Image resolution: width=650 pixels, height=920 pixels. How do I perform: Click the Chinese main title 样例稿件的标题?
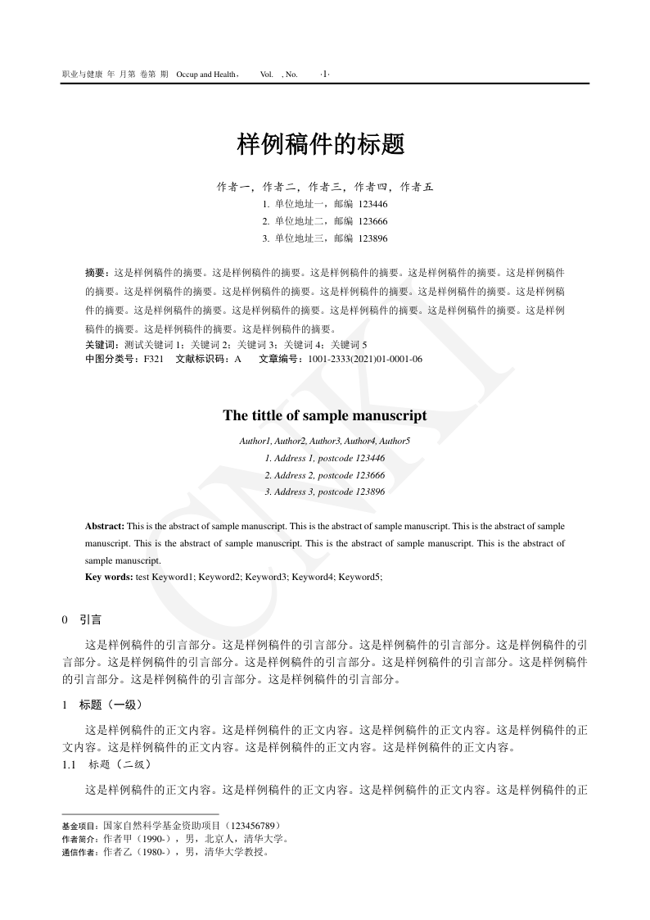[x=321, y=145]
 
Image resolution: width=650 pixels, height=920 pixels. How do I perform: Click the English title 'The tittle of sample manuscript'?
[x=325, y=415]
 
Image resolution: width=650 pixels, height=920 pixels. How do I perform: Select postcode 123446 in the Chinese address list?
[x=373, y=204]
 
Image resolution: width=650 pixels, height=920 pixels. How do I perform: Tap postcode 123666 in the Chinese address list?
[x=373, y=221]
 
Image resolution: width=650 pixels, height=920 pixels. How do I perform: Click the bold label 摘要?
[x=96, y=271]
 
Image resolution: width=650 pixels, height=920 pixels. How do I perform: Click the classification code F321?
[x=153, y=359]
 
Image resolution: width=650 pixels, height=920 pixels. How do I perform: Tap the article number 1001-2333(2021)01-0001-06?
[x=365, y=359]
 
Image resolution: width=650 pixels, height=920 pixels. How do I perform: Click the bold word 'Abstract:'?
[x=105, y=525]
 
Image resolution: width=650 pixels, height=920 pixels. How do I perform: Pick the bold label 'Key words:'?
[x=109, y=577]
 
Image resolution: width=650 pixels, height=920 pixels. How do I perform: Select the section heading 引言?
[x=91, y=620]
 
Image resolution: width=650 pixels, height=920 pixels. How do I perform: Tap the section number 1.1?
[x=70, y=764]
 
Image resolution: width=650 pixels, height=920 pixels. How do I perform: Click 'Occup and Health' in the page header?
[x=206, y=75]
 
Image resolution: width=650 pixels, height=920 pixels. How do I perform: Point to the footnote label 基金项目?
[x=79, y=825]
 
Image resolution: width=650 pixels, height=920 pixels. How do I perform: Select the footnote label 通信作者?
[x=79, y=851]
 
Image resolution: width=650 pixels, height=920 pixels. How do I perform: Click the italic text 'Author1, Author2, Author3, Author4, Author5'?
[x=325, y=441]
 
